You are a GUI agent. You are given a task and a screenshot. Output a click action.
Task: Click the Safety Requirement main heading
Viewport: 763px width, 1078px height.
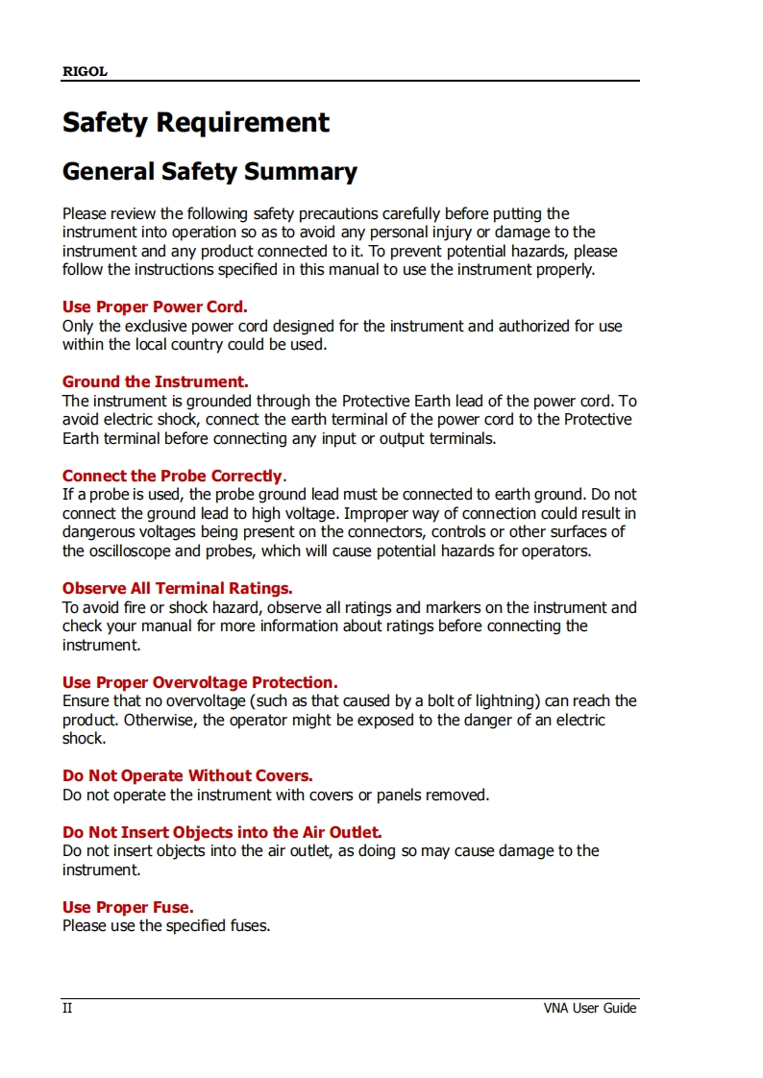196,123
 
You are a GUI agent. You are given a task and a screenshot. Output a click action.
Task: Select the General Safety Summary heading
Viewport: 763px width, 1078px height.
209,172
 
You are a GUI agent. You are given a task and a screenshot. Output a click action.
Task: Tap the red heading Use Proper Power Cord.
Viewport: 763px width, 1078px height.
155,307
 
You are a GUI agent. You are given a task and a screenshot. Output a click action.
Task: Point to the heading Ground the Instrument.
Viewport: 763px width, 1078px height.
156,381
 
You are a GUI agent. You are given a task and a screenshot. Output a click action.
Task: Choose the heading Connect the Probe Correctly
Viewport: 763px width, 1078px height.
173,476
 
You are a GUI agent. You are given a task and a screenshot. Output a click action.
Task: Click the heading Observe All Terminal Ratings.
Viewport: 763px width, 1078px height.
178,588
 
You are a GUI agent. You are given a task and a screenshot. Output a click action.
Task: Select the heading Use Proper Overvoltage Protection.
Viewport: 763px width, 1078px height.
200,682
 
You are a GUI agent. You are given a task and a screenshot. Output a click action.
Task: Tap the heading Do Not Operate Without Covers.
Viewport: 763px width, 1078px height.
187,775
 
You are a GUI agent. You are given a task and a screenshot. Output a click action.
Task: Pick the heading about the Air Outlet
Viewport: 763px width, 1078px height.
222,832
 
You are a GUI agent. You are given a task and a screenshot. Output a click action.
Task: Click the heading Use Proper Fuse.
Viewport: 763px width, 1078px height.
128,907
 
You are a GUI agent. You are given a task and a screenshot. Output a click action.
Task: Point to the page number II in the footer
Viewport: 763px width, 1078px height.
67,1008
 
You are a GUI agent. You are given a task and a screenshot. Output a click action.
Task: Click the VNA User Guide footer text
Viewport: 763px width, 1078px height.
590,1008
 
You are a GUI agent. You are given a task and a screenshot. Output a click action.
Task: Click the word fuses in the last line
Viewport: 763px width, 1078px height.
248,926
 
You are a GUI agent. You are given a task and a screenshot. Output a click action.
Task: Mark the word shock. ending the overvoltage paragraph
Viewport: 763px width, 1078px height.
84,739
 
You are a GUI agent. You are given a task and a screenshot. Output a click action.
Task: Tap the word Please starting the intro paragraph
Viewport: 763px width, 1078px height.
86,213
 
